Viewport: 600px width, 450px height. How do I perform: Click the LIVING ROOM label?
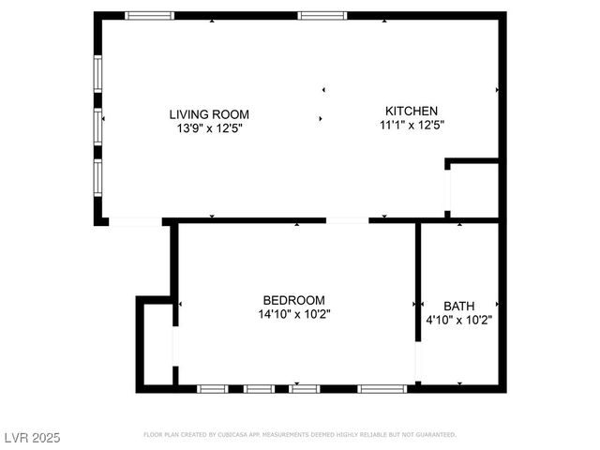(x=209, y=114)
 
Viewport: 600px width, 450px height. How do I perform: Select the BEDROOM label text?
(x=293, y=300)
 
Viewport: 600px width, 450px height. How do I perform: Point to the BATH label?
(x=458, y=306)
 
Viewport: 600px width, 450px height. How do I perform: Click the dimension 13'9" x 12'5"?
(x=209, y=128)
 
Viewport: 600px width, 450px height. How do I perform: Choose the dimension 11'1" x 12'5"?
(x=412, y=125)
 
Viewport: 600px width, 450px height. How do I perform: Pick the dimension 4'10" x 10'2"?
(x=459, y=320)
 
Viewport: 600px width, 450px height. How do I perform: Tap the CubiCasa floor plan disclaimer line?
(x=300, y=435)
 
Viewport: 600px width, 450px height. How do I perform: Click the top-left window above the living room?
(x=150, y=16)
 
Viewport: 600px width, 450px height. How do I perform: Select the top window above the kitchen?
(x=322, y=16)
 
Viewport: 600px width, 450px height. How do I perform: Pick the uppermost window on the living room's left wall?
(x=97, y=75)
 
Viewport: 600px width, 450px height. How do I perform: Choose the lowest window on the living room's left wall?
(x=97, y=176)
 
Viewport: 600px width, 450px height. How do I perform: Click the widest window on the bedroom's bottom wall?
(x=382, y=388)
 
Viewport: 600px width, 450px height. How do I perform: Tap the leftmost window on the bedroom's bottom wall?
(x=212, y=388)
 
